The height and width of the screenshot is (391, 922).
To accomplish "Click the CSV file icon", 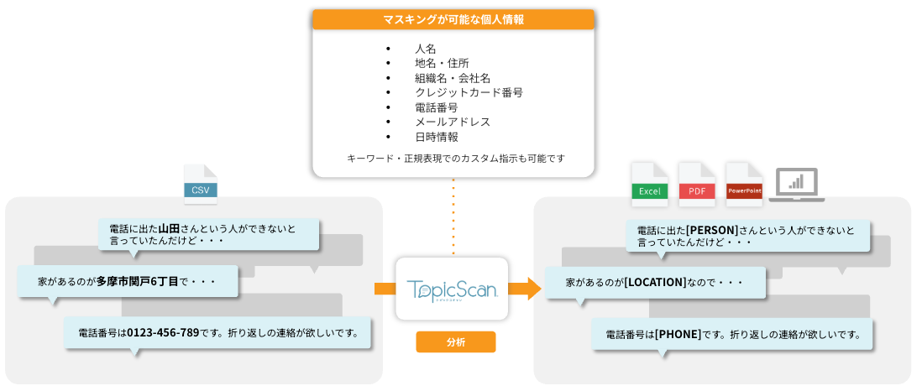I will pyautogui.click(x=200, y=185).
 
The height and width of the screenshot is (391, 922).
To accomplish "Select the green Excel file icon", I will pyautogui.click(x=649, y=185).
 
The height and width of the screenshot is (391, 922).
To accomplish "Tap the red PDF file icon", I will pyautogui.click(x=697, y=185).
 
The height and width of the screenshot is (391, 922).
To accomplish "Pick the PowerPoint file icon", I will pyautogui.click(x=743, y=185).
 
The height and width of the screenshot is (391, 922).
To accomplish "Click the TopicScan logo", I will pyautogui.click(x=452, y=289).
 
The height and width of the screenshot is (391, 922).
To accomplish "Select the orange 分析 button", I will pyautogui.click(x=456, y=341).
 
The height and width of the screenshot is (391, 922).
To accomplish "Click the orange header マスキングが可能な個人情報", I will pyautogui.click(x=453, y=19).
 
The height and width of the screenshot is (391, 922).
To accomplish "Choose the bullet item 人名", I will pyautogui.click(x=425, y=49).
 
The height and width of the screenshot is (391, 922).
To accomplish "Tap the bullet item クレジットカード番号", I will pyautogui.click(x=469, y=92).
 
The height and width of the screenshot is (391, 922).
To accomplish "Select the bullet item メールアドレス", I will pyautogui.click(x=452, y=122).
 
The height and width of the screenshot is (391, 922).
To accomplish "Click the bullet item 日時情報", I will pyautogui.click(x=436, y=137).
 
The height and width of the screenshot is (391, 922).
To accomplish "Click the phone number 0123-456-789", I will pyautogui.click(x=163, y=332).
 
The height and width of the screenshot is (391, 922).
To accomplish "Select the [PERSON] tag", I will pyautogui.click(x=711, y=230).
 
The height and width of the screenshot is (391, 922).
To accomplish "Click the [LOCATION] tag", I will pyautogui.click(x=655, y=282).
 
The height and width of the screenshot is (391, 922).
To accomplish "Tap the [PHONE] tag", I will pyautogui.click(x=678, y=334).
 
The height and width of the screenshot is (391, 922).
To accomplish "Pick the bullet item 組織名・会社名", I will pyautogui.click(x=452, y=78).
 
